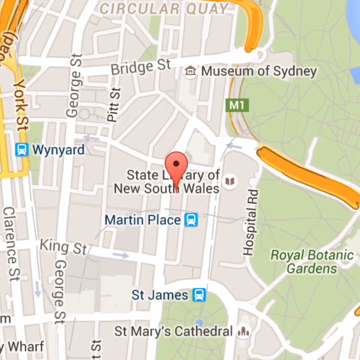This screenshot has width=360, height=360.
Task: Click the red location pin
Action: click(176, 164)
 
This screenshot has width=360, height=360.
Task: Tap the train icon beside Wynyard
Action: click(22, 149)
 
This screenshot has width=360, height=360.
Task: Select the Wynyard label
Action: click(58, 149)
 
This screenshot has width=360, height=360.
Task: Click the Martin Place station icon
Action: click(191, 220)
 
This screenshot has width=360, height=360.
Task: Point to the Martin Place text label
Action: click(142, 220)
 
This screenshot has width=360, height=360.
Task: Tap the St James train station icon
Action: click(199, 295)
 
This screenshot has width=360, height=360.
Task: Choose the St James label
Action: click(160, 295)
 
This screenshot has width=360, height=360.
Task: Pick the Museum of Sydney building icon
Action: click(191, 71)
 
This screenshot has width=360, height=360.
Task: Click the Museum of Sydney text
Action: click(259, 71)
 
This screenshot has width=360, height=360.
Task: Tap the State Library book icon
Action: click(230, 182)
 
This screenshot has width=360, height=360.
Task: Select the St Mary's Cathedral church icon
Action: click(243, 332)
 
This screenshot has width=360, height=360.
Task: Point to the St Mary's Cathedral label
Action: click(174, 332)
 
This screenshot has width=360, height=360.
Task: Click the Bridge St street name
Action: click(141, 67)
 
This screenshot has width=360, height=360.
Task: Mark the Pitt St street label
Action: click(114, 104)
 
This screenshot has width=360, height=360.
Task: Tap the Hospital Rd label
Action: click(251, 222)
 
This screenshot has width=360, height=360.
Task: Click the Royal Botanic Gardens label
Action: click(312, 262)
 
